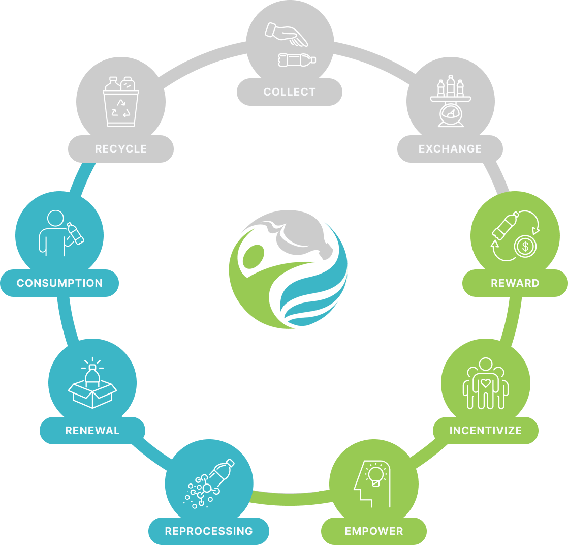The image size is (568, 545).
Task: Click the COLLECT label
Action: pyautogui.click(x=290, y=92)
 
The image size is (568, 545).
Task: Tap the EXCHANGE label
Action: pyautogui.click(x=450, y=148)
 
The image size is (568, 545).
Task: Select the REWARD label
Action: pyautogui.click(x=515, y=283)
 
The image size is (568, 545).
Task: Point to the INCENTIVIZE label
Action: pyautogui.click(x=485, y=431)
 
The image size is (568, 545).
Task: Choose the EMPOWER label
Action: pyautogui.click(x=374, y=531)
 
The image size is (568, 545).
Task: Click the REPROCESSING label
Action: pyautogui.click(x=209, y=531)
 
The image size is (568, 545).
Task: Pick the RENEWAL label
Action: pyautogui.click(x=92, y=431)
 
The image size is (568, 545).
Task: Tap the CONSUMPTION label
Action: pyautogui.click(x=59, y=283)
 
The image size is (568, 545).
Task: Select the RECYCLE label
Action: pyautogui.click(x=120, y=148)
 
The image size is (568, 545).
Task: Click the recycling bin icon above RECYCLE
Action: pyautogui.click(x=121, y=102)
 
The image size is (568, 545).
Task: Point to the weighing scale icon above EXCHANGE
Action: pyautogui.click(x=451, y=101)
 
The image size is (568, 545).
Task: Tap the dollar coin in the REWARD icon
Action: pyautogui.click(x=525, y=247)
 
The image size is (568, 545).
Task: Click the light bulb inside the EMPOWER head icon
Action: pyautogui.click(x=375, y=475)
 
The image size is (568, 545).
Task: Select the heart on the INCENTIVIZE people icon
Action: pyautogui.click(x=485, y=383)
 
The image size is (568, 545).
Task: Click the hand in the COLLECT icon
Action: pyautogui.click(x=286, y=34)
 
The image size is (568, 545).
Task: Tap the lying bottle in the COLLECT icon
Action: pyautogui.click(x=297, y=60)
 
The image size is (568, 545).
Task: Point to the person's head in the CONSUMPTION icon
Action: pyautogui.click(x=55, y=218)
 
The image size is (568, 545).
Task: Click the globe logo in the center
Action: pyautogui.click(x=289, y=269)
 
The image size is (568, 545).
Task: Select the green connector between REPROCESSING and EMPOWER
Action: pyautogui.click(x=290, y=499)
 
